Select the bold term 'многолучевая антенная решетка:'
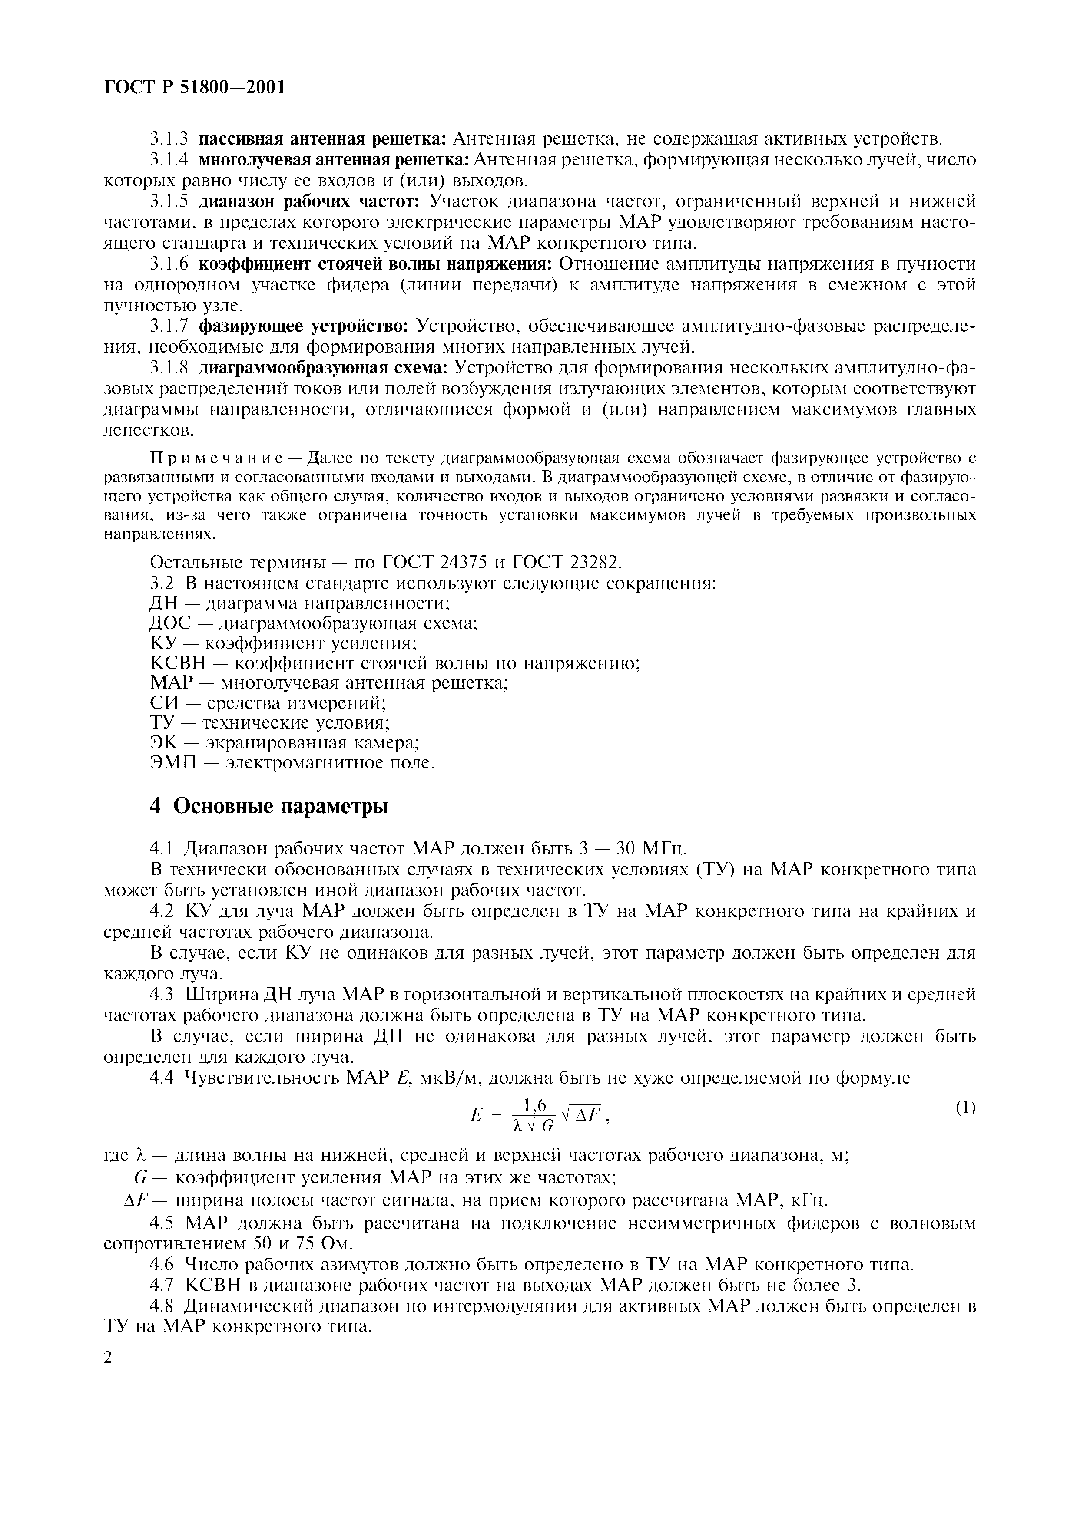point(335,160)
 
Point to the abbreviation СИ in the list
point(164,703)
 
